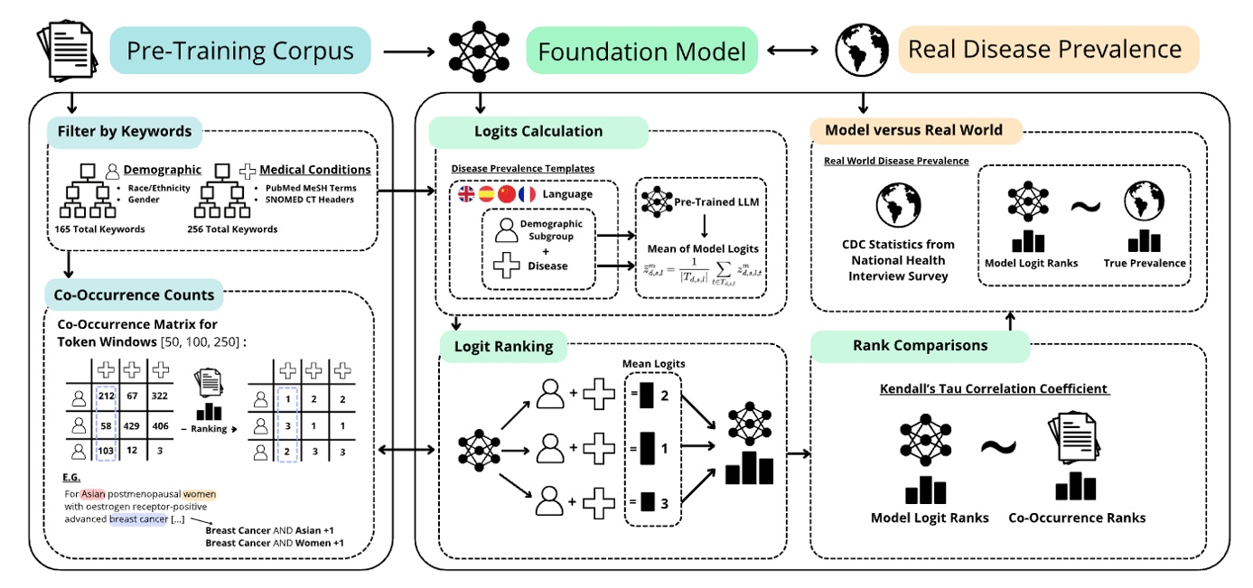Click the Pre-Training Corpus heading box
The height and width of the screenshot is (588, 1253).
click(x=240, y=50)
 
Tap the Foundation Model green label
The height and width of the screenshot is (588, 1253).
click(x=641, y=51)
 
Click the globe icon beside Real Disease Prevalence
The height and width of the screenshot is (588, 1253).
click(x=860, y=51)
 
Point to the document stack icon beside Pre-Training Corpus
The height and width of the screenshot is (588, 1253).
click(x=66, y=50)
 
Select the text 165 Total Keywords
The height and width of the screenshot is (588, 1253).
click(x=99, y=229)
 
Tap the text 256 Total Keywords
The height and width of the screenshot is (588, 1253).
click(x=233, y=229)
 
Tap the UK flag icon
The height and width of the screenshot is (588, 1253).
click(x=467, y=193)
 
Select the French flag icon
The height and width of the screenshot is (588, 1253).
click(x=527, y=193)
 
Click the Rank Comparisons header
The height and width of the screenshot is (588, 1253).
click(x=920, y=345)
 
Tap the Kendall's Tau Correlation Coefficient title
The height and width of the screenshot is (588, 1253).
click(x=994, y=388)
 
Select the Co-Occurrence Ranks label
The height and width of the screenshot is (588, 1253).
click(x=1077, y=518)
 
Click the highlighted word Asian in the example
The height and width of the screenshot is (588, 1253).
click(x=93, y=494)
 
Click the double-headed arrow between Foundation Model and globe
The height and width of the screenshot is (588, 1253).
click(x=791, y=51)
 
